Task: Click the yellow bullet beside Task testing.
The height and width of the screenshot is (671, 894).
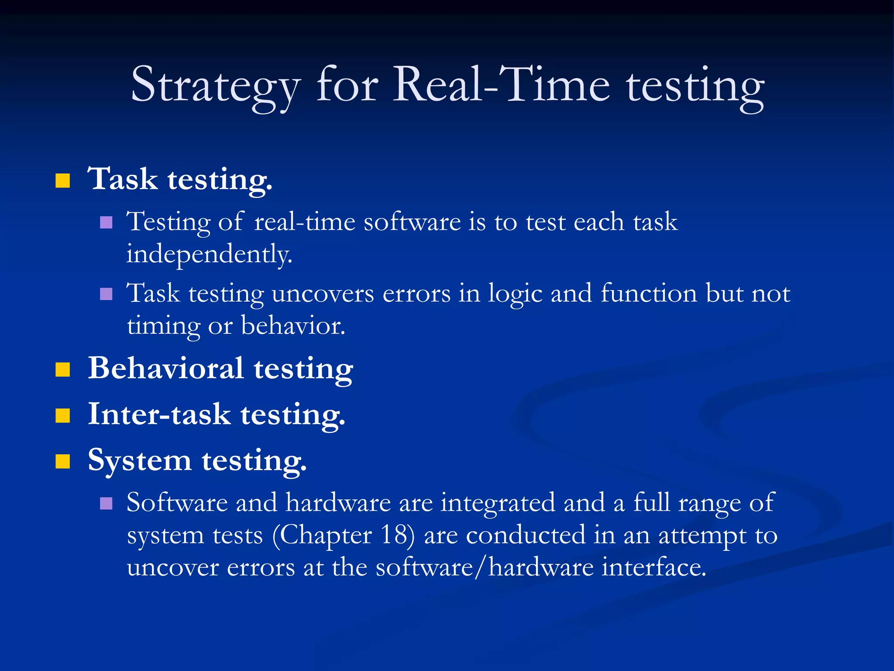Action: coord(63,180)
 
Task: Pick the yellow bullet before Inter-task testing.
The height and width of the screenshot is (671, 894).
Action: coord(63,415)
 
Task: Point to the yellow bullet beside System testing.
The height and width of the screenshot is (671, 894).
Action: coord(63,461)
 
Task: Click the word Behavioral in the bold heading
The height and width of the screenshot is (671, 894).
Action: coord(165,368)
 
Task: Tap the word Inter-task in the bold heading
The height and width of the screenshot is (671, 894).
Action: coord(159,414)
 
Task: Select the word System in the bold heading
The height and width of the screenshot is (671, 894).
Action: coord(139,460)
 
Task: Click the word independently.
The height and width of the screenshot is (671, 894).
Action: coord(209,255)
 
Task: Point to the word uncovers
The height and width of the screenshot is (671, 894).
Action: coord(323,294)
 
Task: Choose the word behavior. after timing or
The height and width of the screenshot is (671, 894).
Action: coord(293,326)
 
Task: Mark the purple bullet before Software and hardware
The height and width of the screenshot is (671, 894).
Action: coord(106,504)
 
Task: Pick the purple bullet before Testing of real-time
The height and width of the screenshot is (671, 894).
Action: coord(106,223)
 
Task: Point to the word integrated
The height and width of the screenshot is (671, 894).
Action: coord(498,503)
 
